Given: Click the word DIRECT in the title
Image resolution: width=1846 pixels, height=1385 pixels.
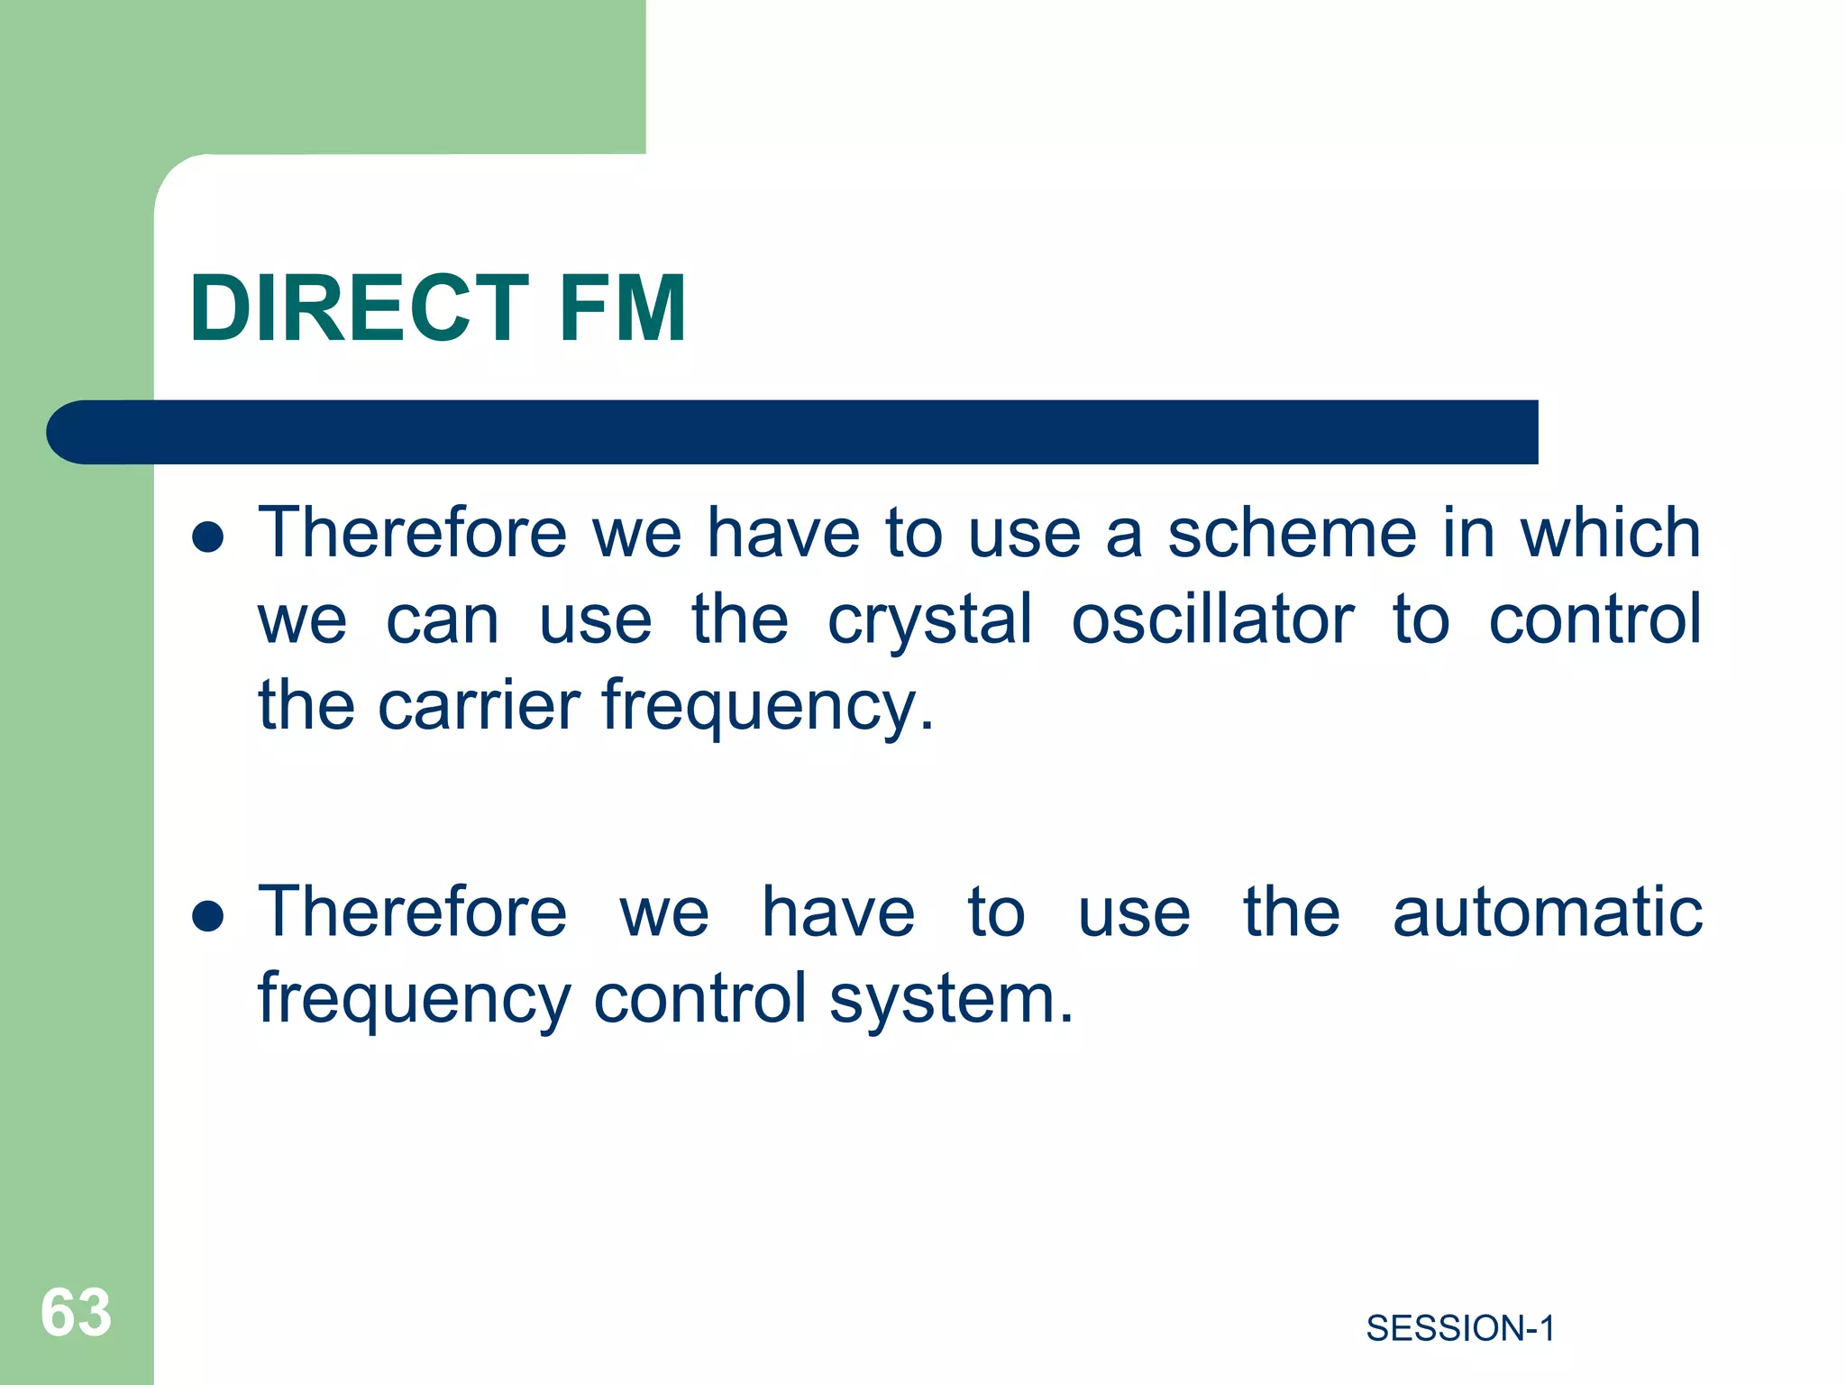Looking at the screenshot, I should (x=359, y=309).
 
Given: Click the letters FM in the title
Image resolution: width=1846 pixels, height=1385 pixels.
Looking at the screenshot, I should (x=622, y=309).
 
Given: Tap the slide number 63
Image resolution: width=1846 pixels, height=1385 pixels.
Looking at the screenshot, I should (x=76, y=1312).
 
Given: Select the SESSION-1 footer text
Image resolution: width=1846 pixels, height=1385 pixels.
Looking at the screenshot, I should (x=1460, y=1328).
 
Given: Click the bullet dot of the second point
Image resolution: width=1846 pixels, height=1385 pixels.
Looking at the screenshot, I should (x=208, y=916).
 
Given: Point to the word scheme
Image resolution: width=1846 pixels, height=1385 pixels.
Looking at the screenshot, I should (x=1292, y=533).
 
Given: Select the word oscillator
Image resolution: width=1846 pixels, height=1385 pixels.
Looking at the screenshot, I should (x=1212, y=619).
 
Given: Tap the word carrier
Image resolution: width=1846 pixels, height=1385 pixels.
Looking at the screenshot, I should (x=479, y=705).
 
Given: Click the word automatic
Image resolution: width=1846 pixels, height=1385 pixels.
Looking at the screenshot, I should (x=1547, y=913).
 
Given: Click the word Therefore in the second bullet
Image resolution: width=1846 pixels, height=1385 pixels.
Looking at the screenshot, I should (x=413, y=913).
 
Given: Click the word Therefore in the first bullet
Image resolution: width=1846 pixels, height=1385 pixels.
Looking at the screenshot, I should (x=413, y=533).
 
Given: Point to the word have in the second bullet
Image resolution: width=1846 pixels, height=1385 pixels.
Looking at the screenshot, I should (x=838, y=913).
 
